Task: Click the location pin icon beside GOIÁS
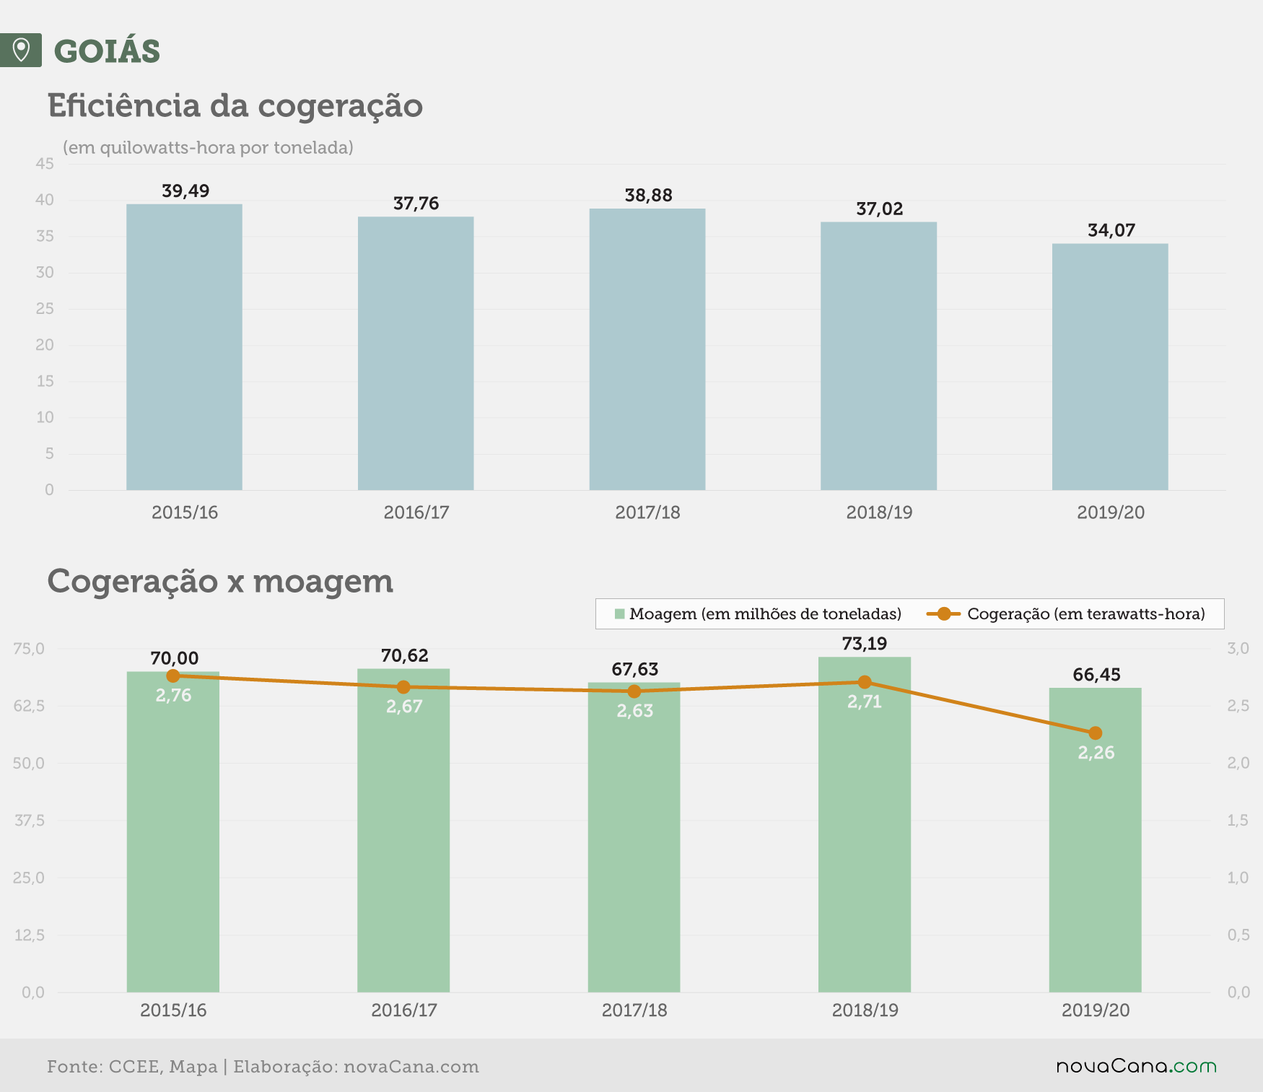point(21,51)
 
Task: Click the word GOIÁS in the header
point(107,51)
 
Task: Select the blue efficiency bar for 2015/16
point(184,347)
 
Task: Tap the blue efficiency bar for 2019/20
point(1110,367)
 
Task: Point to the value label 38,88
point(648,196)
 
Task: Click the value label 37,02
point(879,209)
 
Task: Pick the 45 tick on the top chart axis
point(45,164)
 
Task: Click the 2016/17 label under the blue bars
point(416,512)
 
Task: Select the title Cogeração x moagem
point(220,582)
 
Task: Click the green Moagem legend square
point(619,614)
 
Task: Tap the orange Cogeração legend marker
point(943,614)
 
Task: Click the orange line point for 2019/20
point(1095,733)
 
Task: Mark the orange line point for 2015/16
point(173,676)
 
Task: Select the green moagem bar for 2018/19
point(865,824)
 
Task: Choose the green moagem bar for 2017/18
point(634,837)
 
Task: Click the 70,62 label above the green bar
point(404,655)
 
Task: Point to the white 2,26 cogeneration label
point(1096,753)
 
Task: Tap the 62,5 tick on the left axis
point(30,706)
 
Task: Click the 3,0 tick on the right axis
point(1238,649)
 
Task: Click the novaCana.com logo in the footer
point(1137,1066)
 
